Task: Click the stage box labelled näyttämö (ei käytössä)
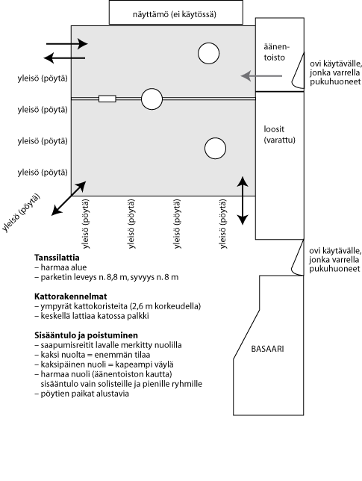[x=176, y=12]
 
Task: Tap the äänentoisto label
[x=276, y=52]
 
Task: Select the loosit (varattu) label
[x=279, y=134]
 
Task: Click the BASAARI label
[x=267, y=349]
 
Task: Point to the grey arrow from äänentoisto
[x=261, y=75]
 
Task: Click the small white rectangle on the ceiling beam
[x=107, y=99]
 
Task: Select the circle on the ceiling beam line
[x=152, y=99]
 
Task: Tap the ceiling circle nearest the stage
[x=209, y=53]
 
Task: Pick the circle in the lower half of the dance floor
[x=215, y=149]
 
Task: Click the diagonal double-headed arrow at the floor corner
[x=69, y=198]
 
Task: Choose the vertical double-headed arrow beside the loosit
[x=243, y=201]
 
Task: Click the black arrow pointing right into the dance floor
[x=67, y=44]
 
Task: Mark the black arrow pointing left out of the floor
[x=64, y=58]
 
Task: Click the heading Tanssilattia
[x=57, y=258]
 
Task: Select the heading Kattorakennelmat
[x=71, y=297]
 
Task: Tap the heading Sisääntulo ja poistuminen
[x=86, y=335]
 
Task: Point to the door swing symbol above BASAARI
[x=296, y=258]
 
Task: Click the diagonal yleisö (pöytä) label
[x=21, y=213]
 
